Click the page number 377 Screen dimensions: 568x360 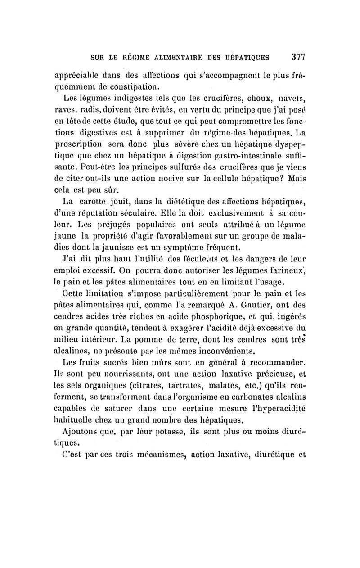(298, 58)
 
